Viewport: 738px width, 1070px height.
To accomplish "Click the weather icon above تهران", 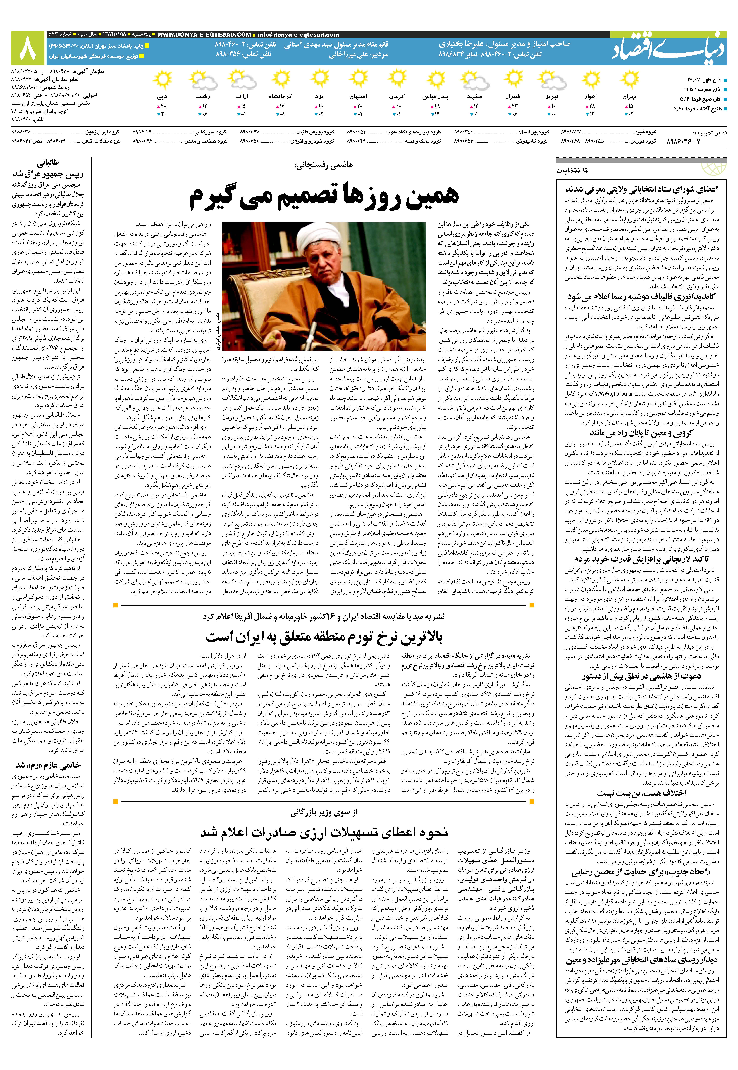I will tap(629, 80).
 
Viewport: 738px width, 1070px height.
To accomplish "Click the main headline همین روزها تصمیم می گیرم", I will tap(324, 196).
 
